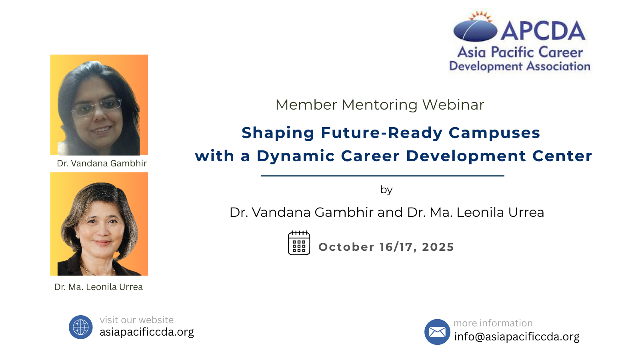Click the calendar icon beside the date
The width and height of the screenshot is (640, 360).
pos(299,243)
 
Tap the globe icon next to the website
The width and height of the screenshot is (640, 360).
pos(80,327)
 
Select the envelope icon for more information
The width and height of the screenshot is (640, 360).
pos(437,332)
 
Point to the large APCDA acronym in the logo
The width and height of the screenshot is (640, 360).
pos(543,31)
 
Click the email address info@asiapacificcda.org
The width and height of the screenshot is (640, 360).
pos(517,336)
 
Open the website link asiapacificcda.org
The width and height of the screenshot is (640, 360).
pos(146,332)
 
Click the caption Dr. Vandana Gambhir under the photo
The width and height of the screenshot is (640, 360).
pos(102,163)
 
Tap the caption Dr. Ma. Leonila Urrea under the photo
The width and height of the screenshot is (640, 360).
pos(98,287)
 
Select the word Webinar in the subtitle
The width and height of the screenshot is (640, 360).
pos(453,104)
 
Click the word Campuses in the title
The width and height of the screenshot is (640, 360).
pos(494,133)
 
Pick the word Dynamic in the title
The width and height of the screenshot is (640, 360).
pos(296,156)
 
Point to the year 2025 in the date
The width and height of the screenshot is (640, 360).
pos(438,247)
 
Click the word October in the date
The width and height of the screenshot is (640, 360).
pos(346,247)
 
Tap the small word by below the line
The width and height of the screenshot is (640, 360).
pos(386,190)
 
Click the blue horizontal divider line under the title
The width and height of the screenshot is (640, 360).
pos(382,176)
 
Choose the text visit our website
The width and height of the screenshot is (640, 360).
pos(136,320)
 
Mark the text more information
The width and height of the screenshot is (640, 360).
pos(493,323)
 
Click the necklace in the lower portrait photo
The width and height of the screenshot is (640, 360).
pos(96,270)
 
